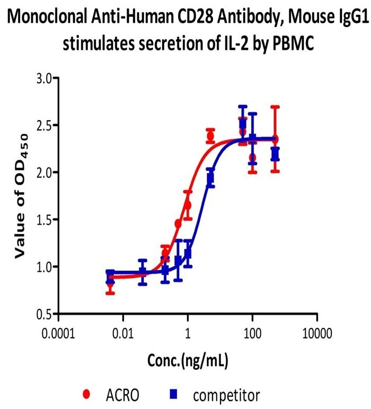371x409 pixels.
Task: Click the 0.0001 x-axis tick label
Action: (x=58, y=335)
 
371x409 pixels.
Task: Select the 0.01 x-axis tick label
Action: (x=123, y=335)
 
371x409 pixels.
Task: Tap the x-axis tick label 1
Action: (x=188, y=335)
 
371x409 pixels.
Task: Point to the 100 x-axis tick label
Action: (x=252, y=335)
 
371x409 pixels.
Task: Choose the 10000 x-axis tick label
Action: (x=317, y=335)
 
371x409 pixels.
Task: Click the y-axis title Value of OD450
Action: (x=21, y=196)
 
